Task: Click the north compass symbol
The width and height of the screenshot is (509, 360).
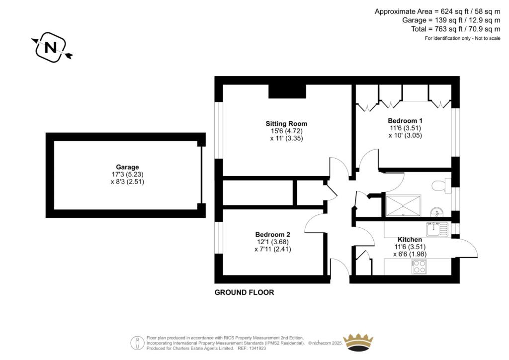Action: click(52, 47)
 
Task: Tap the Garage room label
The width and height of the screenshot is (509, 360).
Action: click(127, 167)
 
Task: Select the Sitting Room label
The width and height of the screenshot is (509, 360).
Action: click(286, 124)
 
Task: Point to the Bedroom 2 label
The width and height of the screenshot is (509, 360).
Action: click(273, 234)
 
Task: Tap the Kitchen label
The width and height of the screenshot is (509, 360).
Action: click(410, 240)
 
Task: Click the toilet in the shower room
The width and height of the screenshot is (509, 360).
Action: click(441, 185)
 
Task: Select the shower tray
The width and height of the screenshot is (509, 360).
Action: click(403, 206)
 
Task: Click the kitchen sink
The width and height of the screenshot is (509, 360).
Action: click(437, 230)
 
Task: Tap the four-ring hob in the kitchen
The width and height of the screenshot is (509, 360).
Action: click(419, 267)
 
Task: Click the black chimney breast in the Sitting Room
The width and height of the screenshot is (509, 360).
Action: click(287, 91)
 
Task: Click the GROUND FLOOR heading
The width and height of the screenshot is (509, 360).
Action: click(244, 292)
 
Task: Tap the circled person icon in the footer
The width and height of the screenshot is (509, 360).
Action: click(137, 343)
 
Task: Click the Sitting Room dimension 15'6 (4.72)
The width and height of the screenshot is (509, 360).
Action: click(287, 131)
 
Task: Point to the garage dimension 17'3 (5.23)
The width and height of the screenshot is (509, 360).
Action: click(127, 175)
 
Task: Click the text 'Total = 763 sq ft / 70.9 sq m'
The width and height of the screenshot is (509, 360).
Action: click(456, 29)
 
